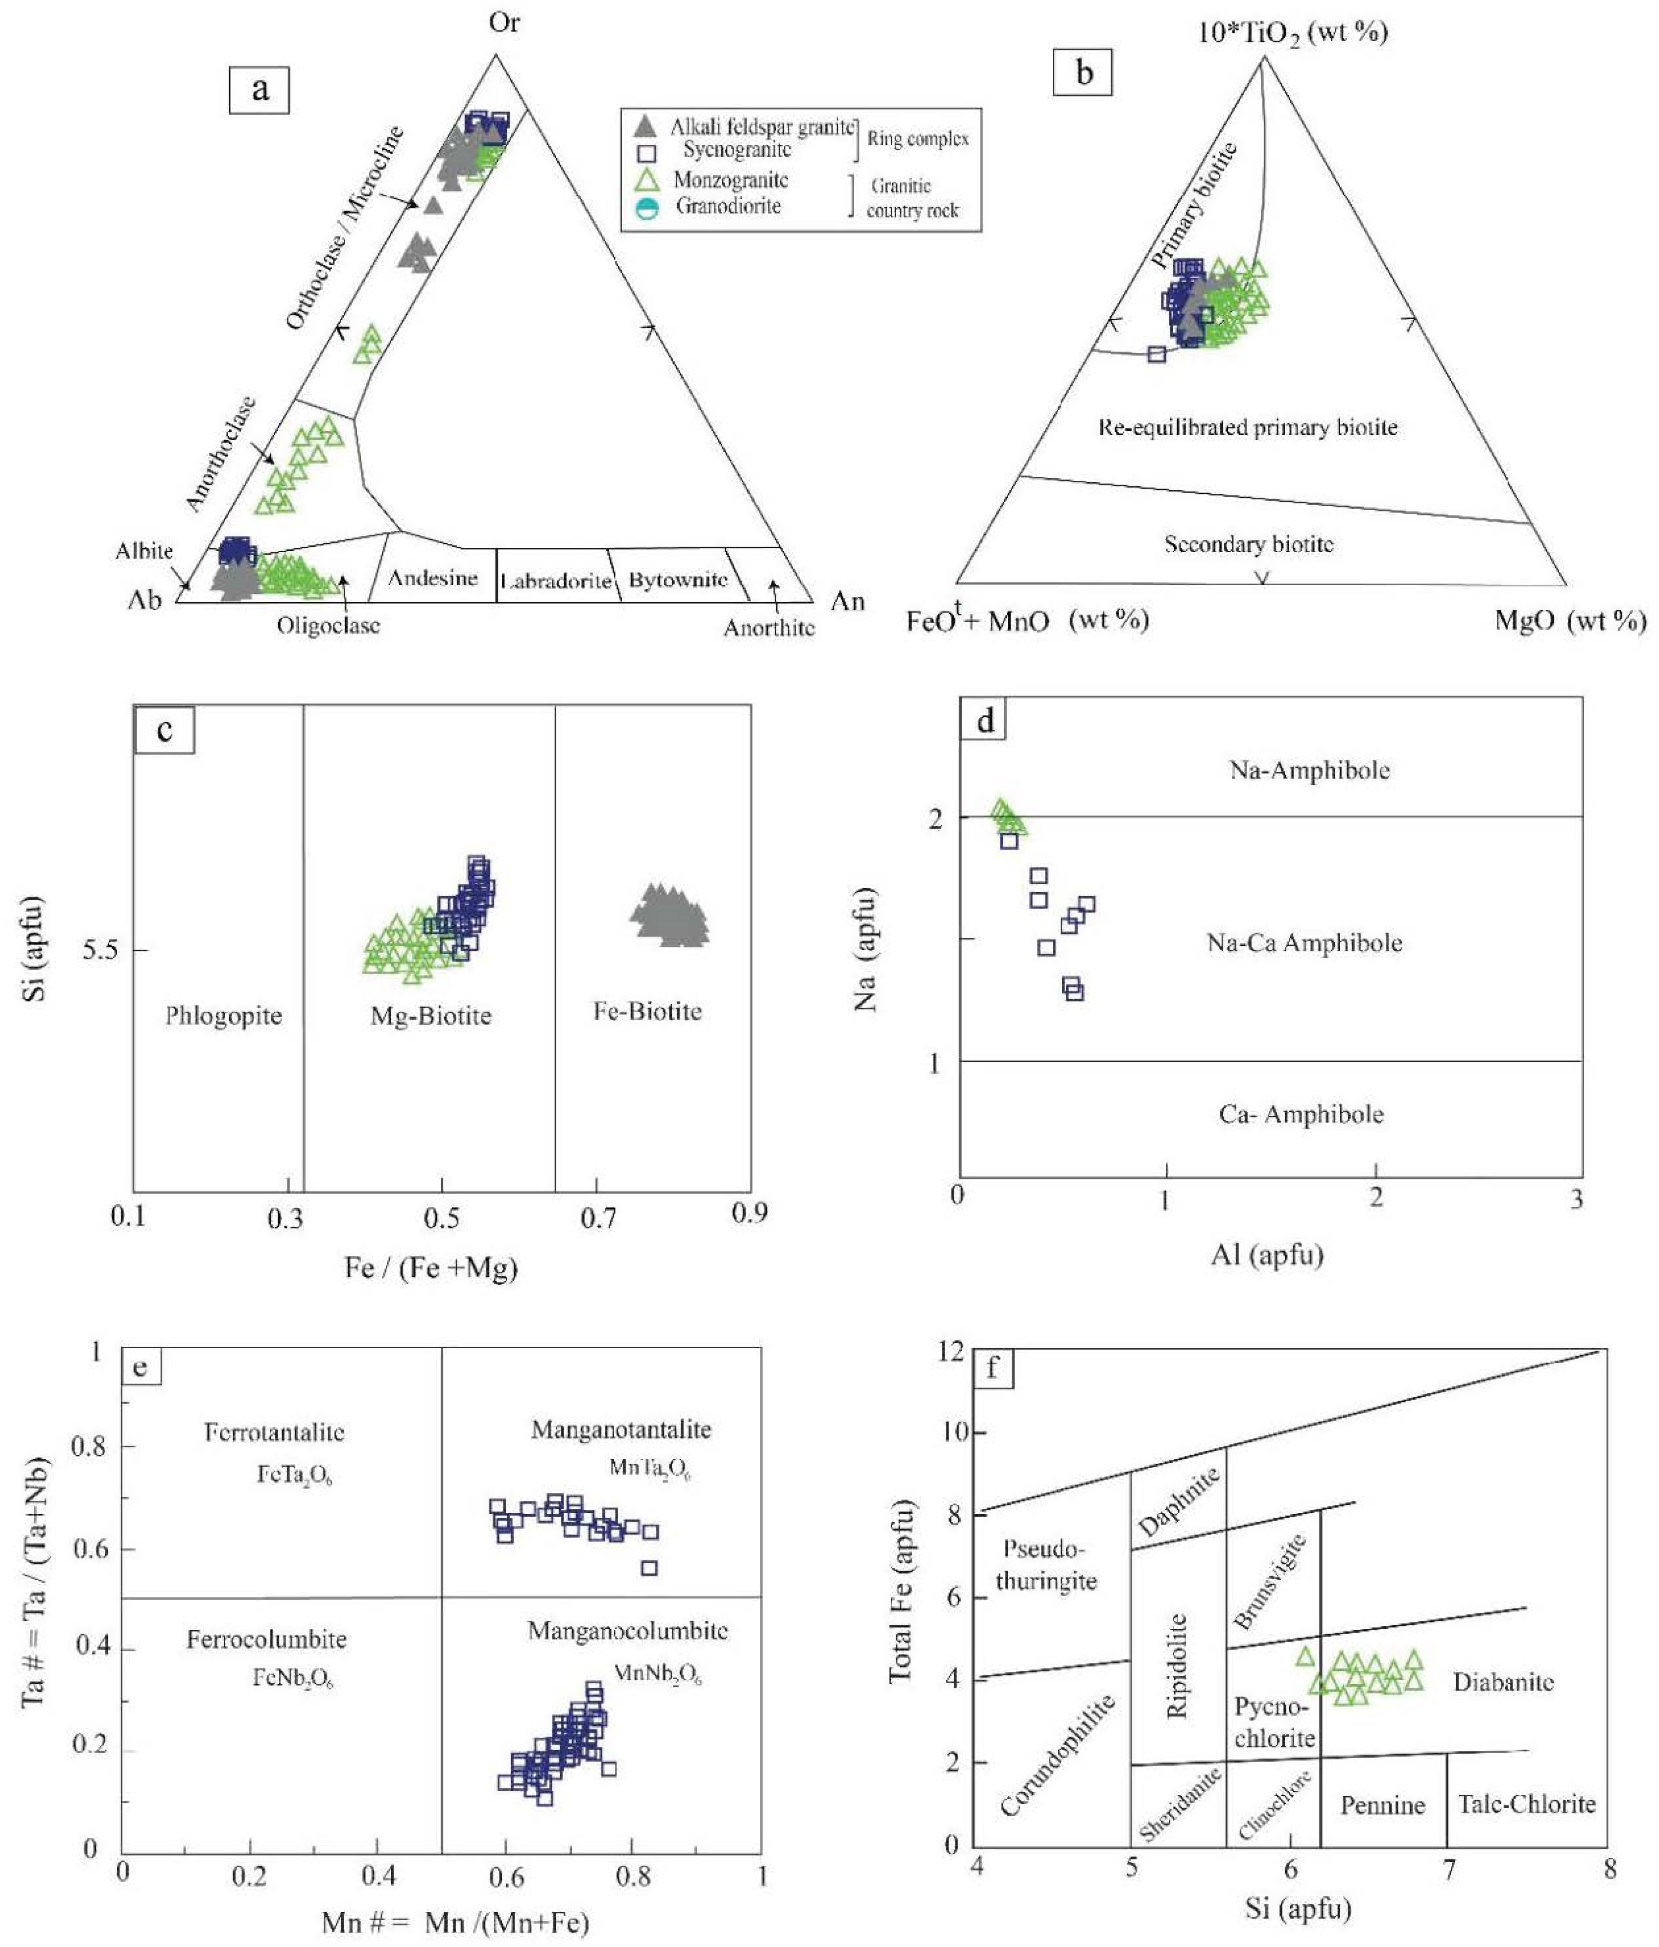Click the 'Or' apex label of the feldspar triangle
tap(504, 23)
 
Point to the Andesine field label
tap(432, 578)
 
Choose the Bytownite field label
tap(678, 580)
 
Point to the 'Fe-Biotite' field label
tap(647, 1011)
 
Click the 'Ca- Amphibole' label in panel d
tap(1301, 1114)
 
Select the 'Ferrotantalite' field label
tap(274, 1432)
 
